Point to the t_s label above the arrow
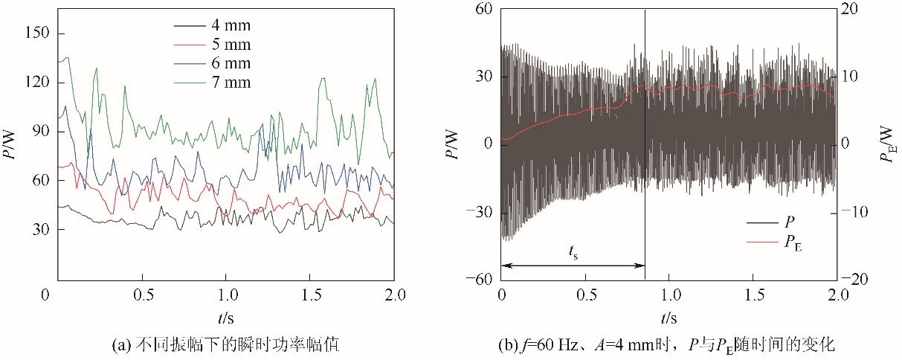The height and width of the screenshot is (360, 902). tap(573, 253)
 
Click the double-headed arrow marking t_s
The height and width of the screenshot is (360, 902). tap(573, 265)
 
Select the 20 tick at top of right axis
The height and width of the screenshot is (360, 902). tap(852, 9)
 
